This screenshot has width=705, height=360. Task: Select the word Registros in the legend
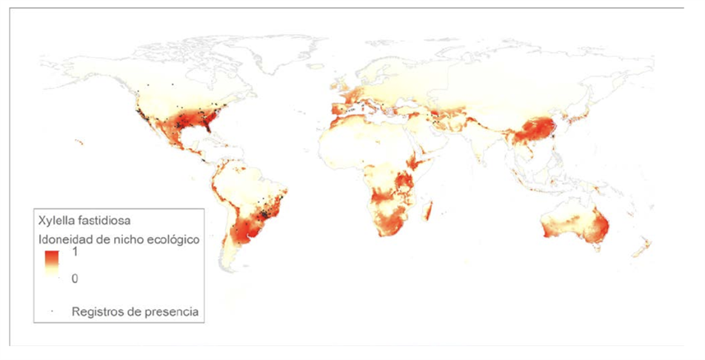(x=97, y=311)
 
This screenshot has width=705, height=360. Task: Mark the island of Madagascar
(x=427, y=213)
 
